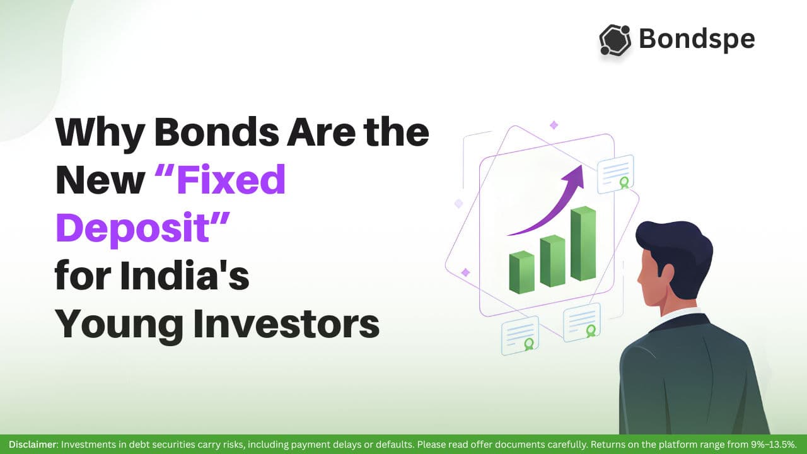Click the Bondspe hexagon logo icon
pos(615,40)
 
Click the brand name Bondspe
pos(697,39)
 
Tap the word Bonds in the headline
pos(216,132)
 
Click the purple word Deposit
pos(132,228)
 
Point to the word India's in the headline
pos(185,274)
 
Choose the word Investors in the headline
pos(286,323)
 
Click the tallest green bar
pos(583,243)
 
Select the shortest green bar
pos(521,272)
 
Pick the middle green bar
pos(553,261)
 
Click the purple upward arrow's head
pos(576,176)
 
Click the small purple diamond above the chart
pos(554,125)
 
